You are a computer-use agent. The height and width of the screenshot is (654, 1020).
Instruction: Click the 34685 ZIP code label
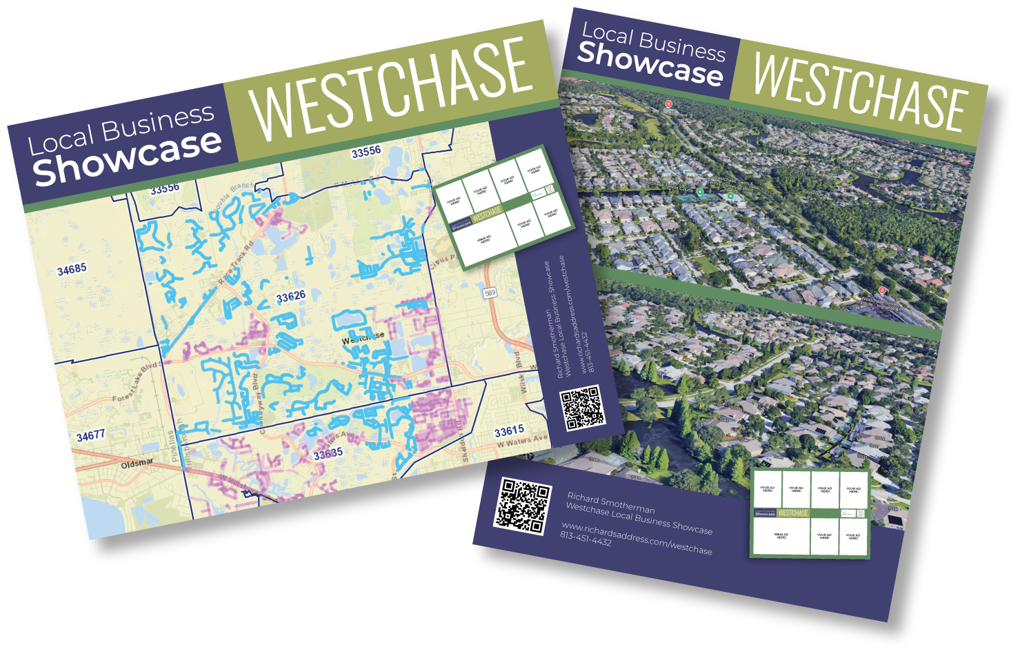click(72, 269)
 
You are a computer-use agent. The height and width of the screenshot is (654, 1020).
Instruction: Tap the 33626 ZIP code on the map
click(290, 297)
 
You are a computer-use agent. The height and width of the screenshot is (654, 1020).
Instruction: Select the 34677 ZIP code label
click(90, 436)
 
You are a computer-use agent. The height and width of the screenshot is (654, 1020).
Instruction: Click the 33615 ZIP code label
click(509, 431)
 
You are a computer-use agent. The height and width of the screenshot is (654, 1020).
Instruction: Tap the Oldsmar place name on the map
click(137, 464)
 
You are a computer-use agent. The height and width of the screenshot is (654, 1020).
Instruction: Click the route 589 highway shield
click(490, 293)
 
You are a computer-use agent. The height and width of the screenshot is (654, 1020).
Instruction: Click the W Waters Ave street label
click(522, 442)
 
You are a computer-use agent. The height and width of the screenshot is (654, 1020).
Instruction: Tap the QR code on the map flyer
click(582, 408)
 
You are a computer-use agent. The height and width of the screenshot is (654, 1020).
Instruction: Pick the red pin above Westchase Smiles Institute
click(882, 290)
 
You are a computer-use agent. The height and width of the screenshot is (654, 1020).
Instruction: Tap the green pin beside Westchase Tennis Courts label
click(700, 192)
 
